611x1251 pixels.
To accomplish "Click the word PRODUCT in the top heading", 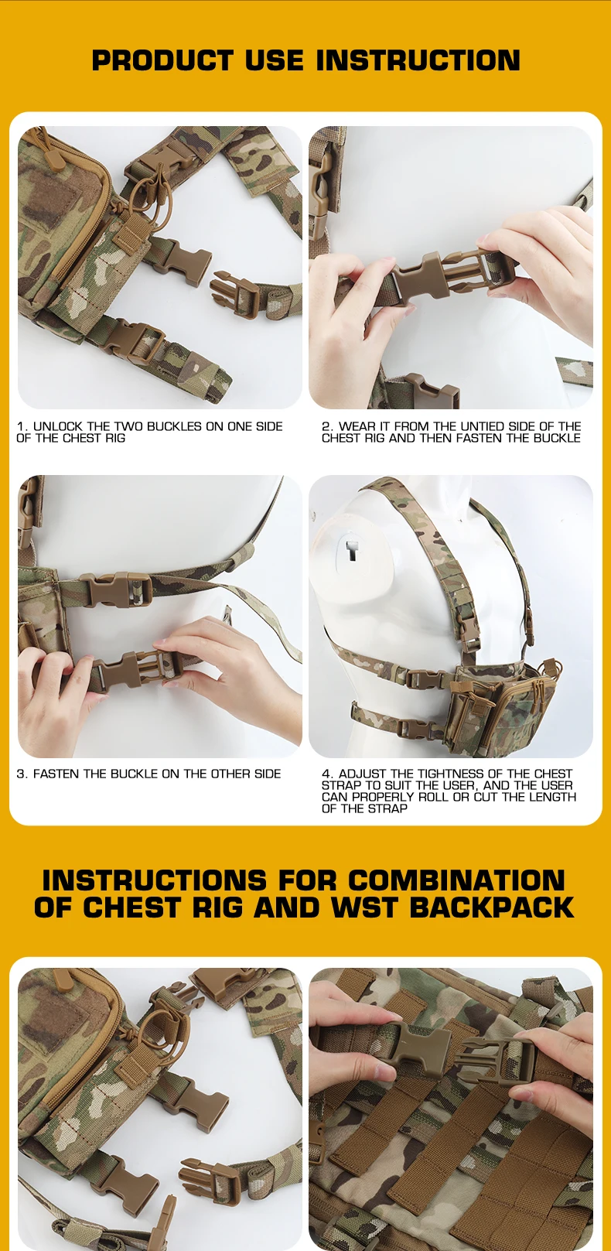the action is coord(162,60).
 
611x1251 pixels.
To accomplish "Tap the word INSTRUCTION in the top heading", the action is coord(418,60).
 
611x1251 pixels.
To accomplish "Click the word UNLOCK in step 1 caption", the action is coord(57,426).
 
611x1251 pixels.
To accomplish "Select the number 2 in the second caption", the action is coord(326,426).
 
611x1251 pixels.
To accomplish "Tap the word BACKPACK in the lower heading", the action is coord(491,907).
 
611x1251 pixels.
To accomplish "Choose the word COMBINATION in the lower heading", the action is coord(457,880).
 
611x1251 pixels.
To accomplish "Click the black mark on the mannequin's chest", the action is coord(351,550).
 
